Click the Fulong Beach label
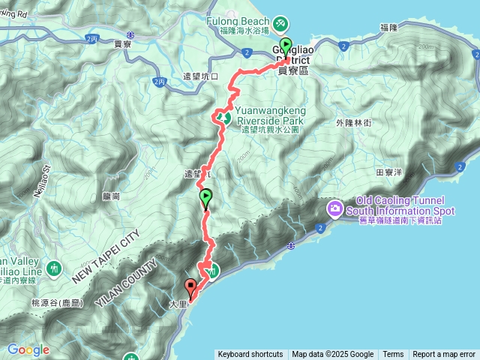[238, 21]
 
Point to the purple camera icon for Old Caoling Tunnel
[334, 206]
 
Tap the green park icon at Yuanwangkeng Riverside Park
[223, 118]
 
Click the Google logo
[28, 349]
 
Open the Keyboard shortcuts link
[250, 354]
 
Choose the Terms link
[393, 354]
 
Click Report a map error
[444, 354]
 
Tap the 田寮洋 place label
[389, 172]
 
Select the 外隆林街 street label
[354, 122]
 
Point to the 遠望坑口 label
[200, 76]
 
